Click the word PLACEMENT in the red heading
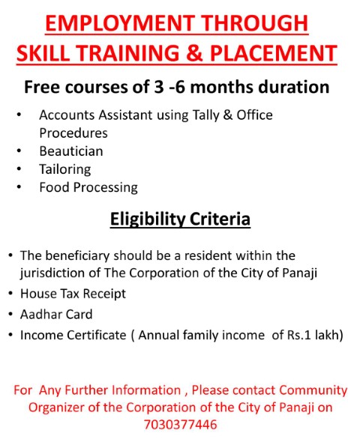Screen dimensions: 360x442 pyautogui.click(x=274, y=52)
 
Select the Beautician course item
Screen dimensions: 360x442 pyautogui.click(x=71, y=151)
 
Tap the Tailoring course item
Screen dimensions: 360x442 pyautogui.click(x=65, y=170)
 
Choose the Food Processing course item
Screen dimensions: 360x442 pyautogui.click(x=88, y=188)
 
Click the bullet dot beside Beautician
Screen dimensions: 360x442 pyautogui.click(x=19, y=151)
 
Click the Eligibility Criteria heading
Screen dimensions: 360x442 pyautogui.click(x=180, y=219)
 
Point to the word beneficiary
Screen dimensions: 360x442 pyautogui.click(x=77, y=256)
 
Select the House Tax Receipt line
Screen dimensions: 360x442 pyautogui.click(x=73, y=294)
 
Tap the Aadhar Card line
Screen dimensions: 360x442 pyautogui.click(x=56, y=315)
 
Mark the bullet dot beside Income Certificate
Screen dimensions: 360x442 pyautogui.click(x=10, y=335)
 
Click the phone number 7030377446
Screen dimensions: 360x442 pyautogui.click(x=180, y=425)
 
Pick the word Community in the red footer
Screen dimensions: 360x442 pyautogui.click(x=313, y=391)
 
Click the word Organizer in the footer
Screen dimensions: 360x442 pyautogui.click(x=56, y=408)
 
